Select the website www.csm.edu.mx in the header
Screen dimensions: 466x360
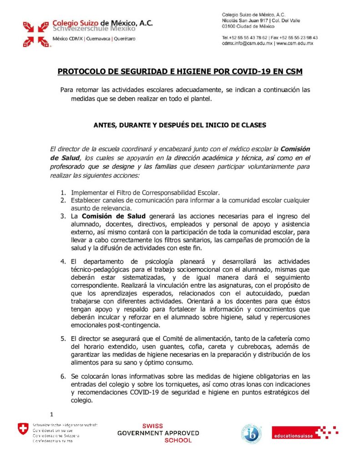tap(295, 43)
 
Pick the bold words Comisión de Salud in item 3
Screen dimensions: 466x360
tap(113, 216)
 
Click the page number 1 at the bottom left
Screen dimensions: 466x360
tap(52, 414)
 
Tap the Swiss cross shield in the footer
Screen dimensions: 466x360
tap(22, 429)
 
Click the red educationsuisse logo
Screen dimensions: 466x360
tap(304, 433)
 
